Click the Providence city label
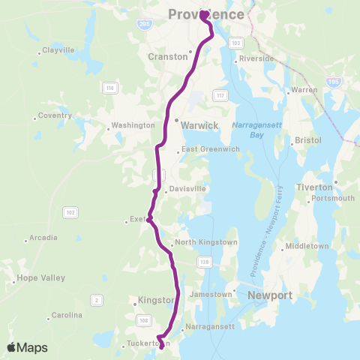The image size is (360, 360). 206,15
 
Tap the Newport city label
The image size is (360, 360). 270,295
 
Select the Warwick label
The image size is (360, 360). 199,126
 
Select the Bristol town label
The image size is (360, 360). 308,140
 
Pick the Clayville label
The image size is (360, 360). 58,51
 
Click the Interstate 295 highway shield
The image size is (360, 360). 142,24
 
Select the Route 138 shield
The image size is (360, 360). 204,261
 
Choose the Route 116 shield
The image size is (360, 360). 109,88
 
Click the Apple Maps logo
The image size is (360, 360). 27,348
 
